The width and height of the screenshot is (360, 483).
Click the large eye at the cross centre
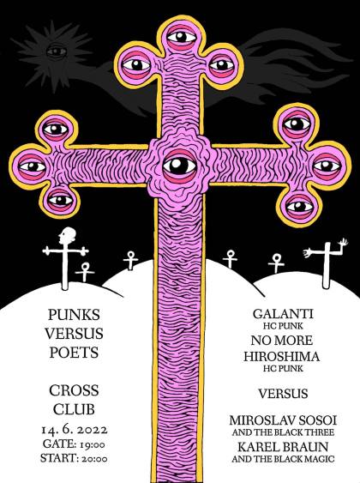coord(180,166)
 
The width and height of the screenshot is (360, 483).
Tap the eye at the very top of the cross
coord(182,37)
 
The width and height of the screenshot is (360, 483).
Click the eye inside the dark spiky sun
coord(57,51)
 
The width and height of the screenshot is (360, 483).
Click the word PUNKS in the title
coord(74,315)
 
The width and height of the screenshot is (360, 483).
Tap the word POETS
coord(74,353)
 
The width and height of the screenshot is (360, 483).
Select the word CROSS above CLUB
coord(74,390)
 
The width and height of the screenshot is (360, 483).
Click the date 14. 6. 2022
coord(75,430)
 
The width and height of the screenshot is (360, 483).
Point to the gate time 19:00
coord(93,444)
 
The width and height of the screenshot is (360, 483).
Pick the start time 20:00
coord(94,459)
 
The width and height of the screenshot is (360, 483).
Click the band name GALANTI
coord(283,314)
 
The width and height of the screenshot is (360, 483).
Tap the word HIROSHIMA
coord(281,357)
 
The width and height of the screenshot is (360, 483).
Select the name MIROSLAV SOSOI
coord(283,420)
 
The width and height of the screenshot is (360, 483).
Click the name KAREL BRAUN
coord(283,447)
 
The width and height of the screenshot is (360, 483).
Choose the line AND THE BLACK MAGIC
coord(283,459)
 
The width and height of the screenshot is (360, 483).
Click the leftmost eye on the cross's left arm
coord(33,166)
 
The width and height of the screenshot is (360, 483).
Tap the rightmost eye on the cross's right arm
coord(327,166)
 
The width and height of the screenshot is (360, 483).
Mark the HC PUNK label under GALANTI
coord(283,326)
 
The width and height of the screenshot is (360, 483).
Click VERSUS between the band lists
coord(283,394)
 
